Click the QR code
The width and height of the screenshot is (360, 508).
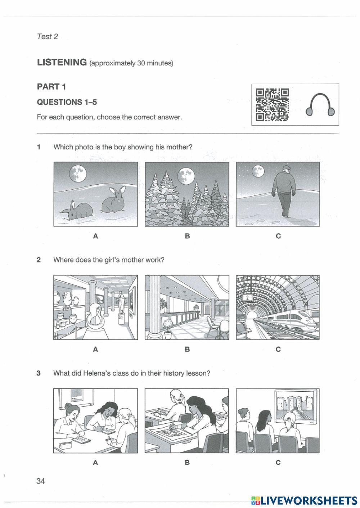point(272,105)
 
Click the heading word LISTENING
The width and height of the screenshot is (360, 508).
point(62,62)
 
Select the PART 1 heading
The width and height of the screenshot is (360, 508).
point(51,86)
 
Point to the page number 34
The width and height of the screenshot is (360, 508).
point(41,481)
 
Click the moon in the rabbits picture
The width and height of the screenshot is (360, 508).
point(77,173)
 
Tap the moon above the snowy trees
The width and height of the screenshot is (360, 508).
point(186,176)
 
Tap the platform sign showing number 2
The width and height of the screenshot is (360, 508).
point(247,297)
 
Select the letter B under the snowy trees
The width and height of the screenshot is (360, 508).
point(187,236)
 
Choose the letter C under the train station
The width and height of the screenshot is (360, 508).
point(278,349)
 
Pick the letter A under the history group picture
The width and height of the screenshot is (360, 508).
point(95,463)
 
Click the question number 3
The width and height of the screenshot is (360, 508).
point(39,373)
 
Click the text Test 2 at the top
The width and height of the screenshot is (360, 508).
point(47,36)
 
